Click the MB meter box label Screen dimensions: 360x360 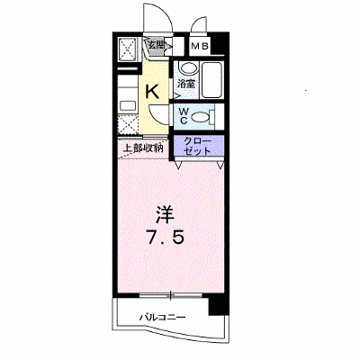pyautogui.click(x=200, y=46)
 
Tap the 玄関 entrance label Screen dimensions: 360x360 pyautogui.click(x=156, y=46)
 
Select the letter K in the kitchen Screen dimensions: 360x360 pyautogui.click(x=152, y=91)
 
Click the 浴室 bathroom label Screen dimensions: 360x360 pyautogui.click(x=186, y=84)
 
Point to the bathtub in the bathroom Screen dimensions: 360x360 pyautogui.click(x=212, y=79)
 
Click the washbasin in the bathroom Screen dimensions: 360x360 pyautogui.click(x=188, y=67)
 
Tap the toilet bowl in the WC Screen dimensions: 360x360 pyautogui.click(x=202, y=116)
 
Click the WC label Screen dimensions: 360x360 pyautogui.click(x=184, y=116)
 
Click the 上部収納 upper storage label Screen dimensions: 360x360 pyautogui.click(x=143, y=148)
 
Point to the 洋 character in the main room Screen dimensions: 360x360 pyautogui.click(x=165, y=215)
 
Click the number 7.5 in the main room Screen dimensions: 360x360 pyautogui.click(x=165, y=238)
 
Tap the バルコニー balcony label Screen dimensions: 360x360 pyautogui.click(x=163, y=317)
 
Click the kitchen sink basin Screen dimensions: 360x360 pyautogui.click(x=128, y=106)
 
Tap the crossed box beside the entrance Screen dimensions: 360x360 pyautogui.click(x=128, y=49)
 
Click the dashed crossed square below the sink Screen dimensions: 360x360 pyautogui.click(x=128, y=124)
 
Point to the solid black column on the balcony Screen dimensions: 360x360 pyautogui.click(x=219, y=304)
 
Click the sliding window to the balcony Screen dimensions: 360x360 pyautogui.click(x=171, y=295)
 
